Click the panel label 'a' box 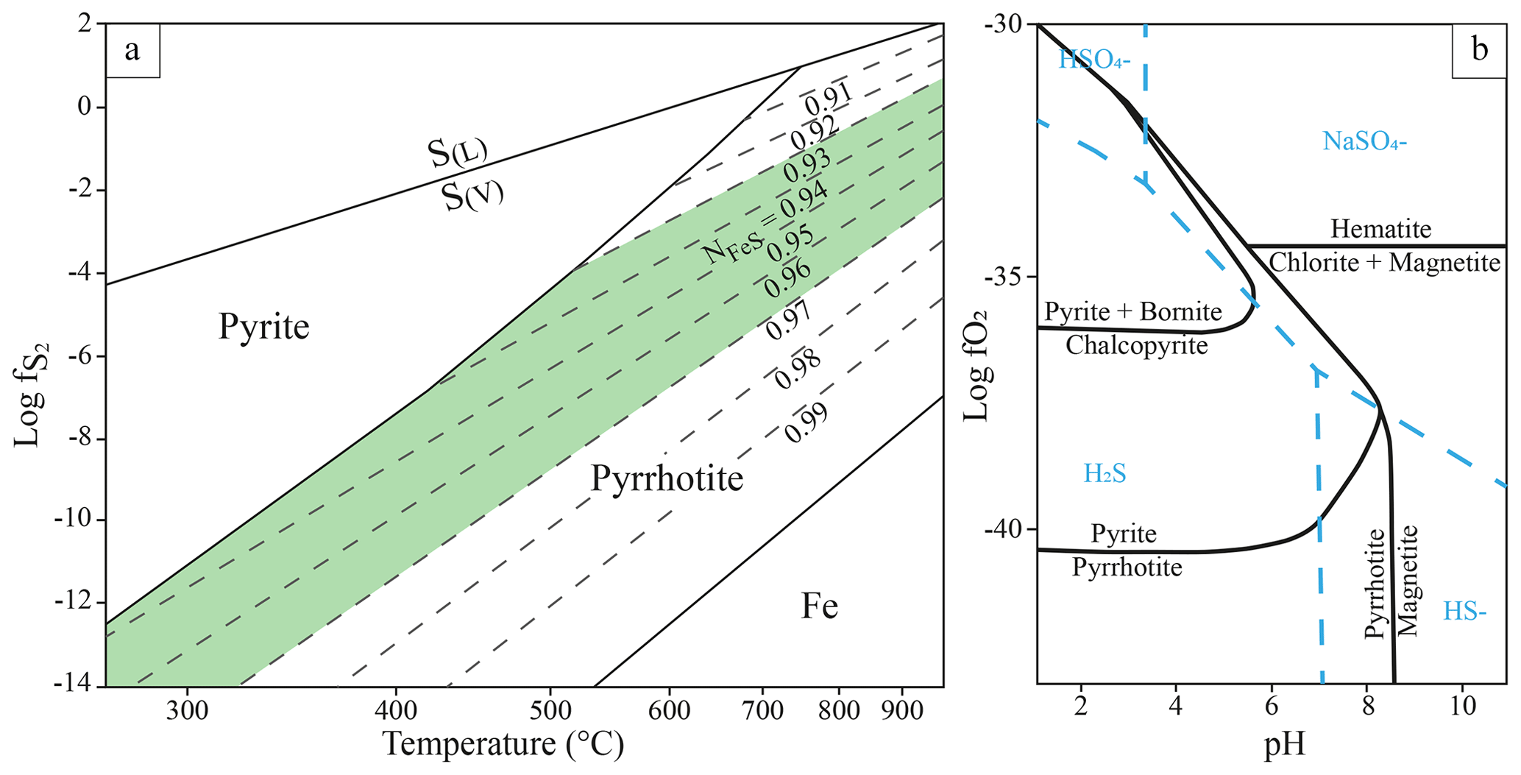click(132, 51)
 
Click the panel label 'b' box click(1479, 51)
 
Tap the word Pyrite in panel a click(263, 326)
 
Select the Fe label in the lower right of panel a click(819, 606)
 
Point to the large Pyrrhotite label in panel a click(667, 478)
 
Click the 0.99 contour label click(806, 424)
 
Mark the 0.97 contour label click(788, 321)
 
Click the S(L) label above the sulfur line click(457, 153)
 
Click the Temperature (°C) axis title click(503, 743)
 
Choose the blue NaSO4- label click(1364, 141)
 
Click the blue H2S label click(1105, 473)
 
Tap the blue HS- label click(1464, 611)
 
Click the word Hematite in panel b click(1380, 229)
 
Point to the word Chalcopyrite click(1136, 344)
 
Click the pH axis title click(1284, 745)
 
